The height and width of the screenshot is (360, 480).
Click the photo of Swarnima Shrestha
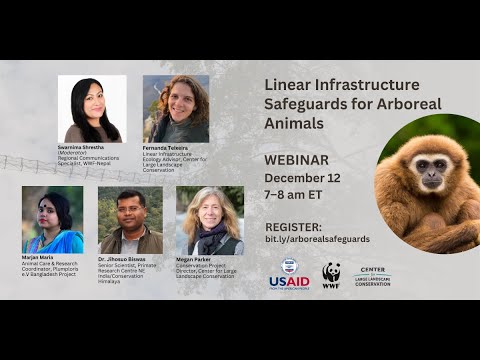pos(92,109)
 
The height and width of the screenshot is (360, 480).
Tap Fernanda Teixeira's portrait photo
pos(176,109)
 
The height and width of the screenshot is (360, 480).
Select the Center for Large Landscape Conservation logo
pos(372,276)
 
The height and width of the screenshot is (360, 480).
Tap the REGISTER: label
pos(293,226)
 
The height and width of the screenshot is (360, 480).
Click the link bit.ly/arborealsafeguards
pos(317,240)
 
